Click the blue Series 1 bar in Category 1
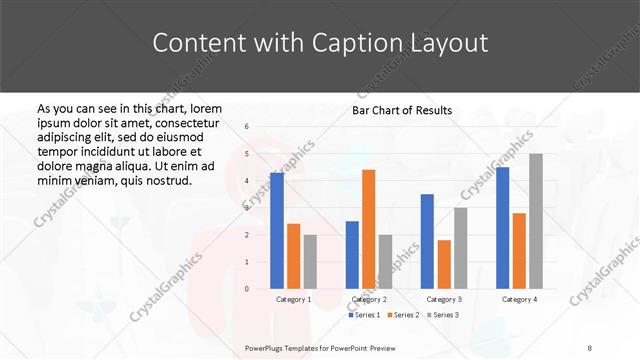(x=277, y=231)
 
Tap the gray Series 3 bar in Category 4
(x=536, y=221)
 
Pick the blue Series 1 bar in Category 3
(x=427, y=241)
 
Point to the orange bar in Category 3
(x=444, y=264)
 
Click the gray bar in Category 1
(x=310, y=261)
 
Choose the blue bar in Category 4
(x=502, y=228)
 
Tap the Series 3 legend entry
(x=444, y=315)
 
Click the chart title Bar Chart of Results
(x=402, y=110)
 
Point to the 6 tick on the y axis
(x=246, y=127)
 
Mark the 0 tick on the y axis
(x=246, y=289)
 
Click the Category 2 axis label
(x=369, y=299)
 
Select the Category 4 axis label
(x=519, y=299)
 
